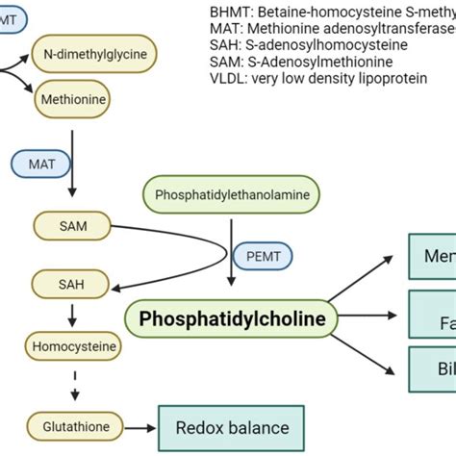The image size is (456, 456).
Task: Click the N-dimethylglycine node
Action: click(94, 55)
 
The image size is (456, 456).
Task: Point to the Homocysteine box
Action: click(74, 344)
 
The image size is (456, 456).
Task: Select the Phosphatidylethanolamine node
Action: click(232, 193)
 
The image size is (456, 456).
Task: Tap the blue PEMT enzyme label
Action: click(267, 256)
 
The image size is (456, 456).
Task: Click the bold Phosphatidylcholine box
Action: click(232, 317)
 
